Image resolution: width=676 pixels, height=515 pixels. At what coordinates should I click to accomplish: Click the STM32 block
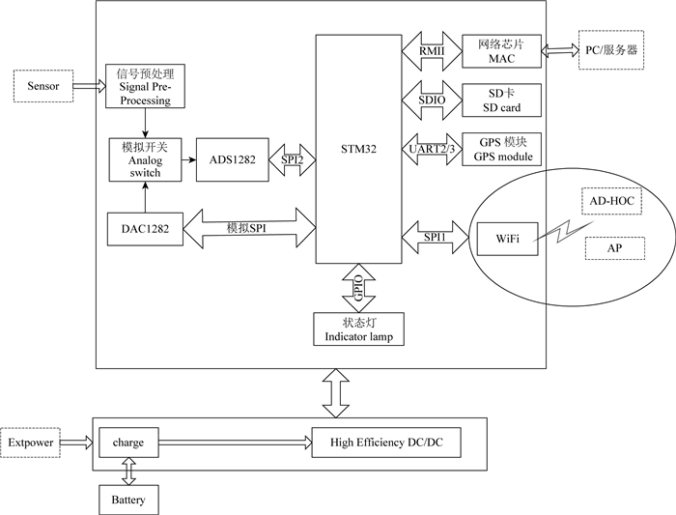358,149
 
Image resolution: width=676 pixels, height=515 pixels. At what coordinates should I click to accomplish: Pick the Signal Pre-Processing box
144,87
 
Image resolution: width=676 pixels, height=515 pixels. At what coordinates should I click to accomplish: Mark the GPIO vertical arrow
358,286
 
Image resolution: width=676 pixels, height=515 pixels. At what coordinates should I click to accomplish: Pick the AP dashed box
614,247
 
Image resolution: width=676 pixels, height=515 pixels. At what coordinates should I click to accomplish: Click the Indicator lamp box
358,329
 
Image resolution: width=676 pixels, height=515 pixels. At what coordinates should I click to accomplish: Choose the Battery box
128,500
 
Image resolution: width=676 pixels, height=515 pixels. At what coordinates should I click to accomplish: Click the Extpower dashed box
30,443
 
